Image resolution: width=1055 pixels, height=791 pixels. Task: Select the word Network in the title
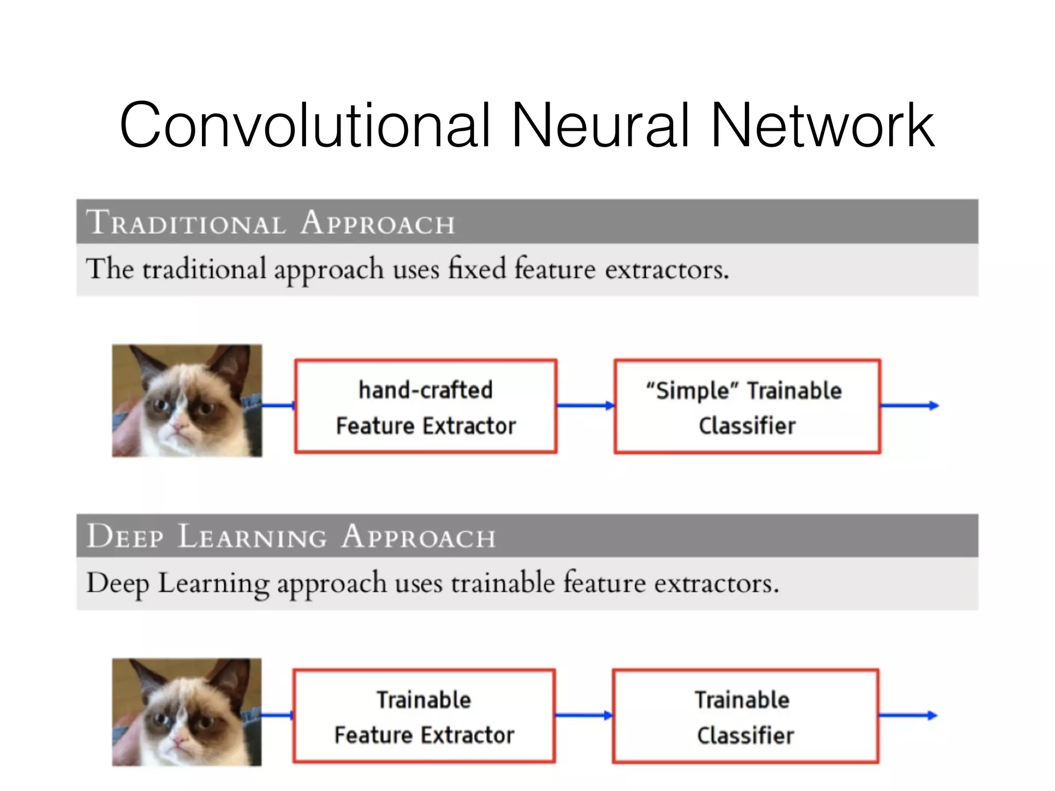pyautogui.click(x=823, y=125)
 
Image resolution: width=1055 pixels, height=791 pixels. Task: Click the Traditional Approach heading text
pyautogui.click(x=271, y=222)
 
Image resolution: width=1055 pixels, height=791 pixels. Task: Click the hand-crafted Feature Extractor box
pyautogui.click(x=426, y=406)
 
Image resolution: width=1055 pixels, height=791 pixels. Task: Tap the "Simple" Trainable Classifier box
pyautogui.click(x=747, y=406)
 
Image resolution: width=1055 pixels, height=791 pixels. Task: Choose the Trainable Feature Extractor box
pyautogui.click(x=424, y=716)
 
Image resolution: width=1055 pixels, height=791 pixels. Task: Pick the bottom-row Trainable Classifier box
pyautogui.click(x=745, y=716)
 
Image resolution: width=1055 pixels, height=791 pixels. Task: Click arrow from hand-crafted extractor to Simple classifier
pyautogui.click(x=585, y=406)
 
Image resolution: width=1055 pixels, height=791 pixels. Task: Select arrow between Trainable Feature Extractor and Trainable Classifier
pyautogui.click(x=584, y=715)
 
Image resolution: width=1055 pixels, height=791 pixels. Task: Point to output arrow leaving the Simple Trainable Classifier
pyautogui.click(x=909, y=406)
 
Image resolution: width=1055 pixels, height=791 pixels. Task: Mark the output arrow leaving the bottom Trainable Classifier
pyautogui.click(x=907, y=715)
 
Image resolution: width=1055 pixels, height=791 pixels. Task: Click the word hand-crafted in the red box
pyautogui.click(x=426, y=390)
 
